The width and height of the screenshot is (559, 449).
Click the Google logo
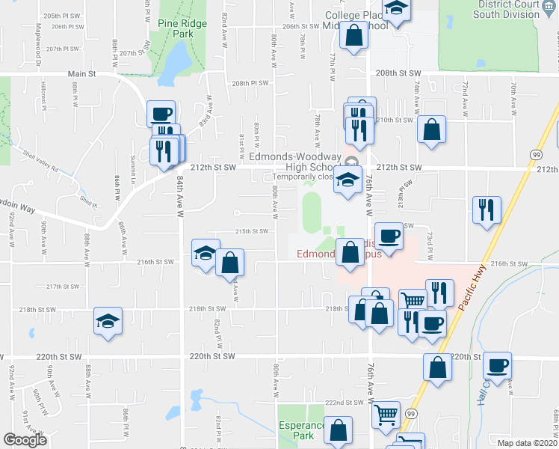tap(25, 440)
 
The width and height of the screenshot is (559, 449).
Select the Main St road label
tap(82, 74)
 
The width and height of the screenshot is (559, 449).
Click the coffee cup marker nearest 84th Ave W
tap(161, 114)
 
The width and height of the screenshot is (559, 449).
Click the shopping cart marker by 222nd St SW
tap(386, 414)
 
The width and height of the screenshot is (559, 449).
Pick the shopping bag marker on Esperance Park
tap(339, 430)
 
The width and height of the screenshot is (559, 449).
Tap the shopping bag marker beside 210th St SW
tap(431, 129)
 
